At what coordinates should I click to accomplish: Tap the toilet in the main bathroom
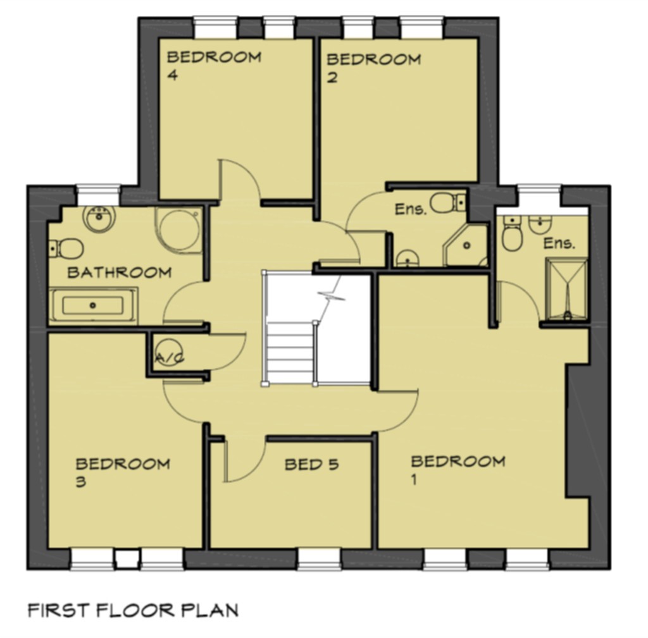66,248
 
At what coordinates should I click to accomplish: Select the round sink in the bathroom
99,218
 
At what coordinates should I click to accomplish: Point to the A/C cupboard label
170,358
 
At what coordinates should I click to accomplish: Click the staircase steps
289,353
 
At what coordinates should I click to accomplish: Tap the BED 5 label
311,465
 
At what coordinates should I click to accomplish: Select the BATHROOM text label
120,273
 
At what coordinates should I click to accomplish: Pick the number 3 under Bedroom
81,481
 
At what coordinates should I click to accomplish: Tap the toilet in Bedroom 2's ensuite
447,203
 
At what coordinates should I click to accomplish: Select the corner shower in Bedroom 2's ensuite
466,245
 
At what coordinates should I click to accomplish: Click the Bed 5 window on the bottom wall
320,559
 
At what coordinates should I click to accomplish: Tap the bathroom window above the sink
98,195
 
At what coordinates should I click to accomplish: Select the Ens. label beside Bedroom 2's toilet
410,209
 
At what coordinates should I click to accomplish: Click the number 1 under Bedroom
414,479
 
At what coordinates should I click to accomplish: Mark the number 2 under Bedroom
332,77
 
